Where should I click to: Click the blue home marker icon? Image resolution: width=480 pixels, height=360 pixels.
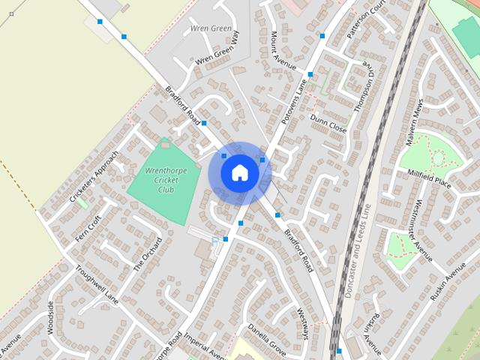(x=239, y=172)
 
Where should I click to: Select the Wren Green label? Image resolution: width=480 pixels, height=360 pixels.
(x=211, y=28)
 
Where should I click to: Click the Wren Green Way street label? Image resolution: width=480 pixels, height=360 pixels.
(x=216, y=49)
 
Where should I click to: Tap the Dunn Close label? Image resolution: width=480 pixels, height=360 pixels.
(x=328, y=123)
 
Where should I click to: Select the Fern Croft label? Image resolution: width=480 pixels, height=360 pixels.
(x=88, y=228)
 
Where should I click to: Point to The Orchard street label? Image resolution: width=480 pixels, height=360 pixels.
(x=148, y=254)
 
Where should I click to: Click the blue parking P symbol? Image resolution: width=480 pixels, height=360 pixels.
(x=215, y=240)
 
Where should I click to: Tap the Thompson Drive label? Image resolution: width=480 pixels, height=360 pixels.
(x=362, y=94)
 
